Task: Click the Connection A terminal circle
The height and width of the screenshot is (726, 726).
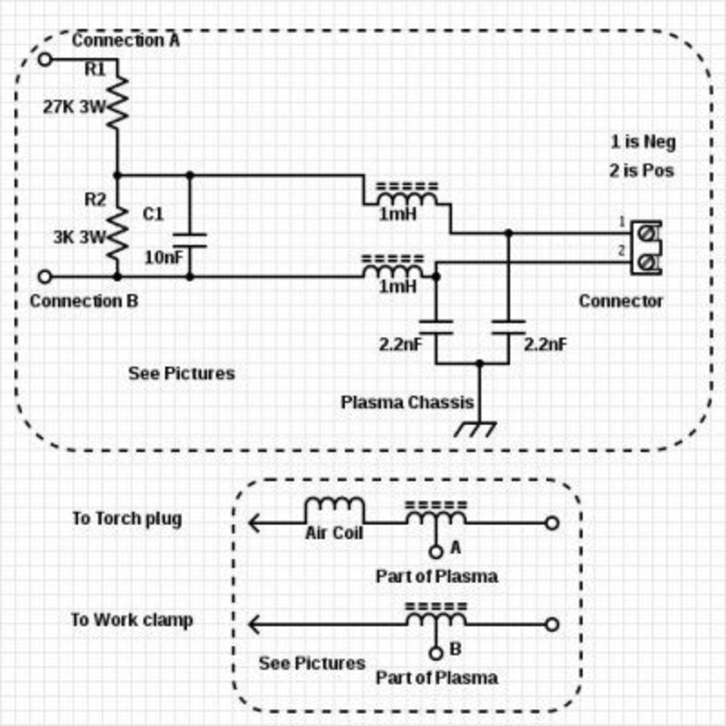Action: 44,59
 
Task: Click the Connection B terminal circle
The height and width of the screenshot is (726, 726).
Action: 44,277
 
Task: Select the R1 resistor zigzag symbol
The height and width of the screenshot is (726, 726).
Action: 118,102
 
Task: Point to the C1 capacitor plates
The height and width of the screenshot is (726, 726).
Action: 190,240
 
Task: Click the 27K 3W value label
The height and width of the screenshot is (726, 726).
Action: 74,108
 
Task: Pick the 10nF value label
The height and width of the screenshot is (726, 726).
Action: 164,258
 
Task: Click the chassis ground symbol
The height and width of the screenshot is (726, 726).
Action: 475,429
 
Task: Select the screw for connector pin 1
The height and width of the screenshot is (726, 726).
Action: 647,234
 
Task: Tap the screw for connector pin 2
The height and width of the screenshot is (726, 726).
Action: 647,263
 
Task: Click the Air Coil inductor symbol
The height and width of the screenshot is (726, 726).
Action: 334,510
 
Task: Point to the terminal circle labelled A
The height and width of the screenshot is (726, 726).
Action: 436,552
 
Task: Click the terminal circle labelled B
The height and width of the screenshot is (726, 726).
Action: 436,653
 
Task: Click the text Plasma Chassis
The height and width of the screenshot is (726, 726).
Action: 407,403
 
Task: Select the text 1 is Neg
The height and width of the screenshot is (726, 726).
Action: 643,142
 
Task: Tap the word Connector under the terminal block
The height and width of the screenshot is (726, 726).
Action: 620,301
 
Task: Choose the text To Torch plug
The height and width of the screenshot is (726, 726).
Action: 127,519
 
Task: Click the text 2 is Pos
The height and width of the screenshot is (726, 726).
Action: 641,170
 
